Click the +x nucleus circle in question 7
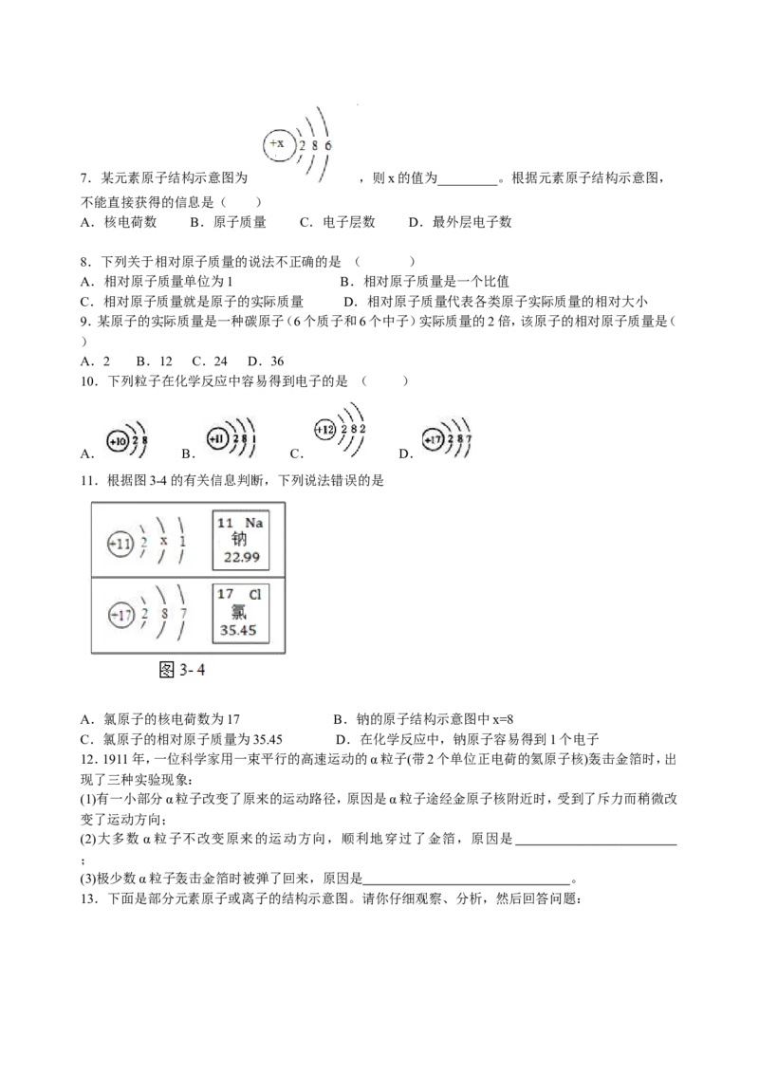tap(278, 144)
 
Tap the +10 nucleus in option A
tap(117, 441)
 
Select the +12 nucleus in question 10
tap(324, 430)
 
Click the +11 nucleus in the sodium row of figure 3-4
tap(120, 545)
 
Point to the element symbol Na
tap(253, 523)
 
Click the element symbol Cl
tap(255, 595)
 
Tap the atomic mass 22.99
tap(242, 558)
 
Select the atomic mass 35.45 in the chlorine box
tap(238, 630)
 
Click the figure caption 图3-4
tap(181, 669)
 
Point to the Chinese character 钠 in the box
tap(238, 540)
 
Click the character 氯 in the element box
tap(238, 612)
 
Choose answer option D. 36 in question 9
tap(266, 361)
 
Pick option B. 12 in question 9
tap(154, 361)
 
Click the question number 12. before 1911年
tap(90, 759)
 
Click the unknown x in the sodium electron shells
tap(164, 541)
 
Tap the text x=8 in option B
tap(503, 719)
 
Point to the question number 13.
tap(90, 898)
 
